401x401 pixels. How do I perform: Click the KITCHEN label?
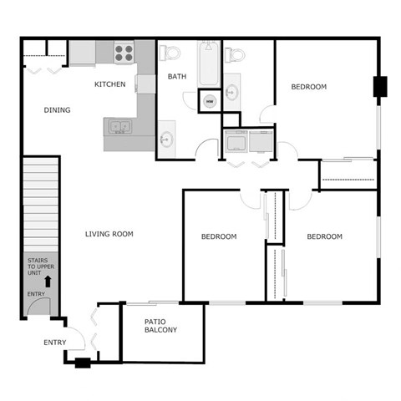point(109,84)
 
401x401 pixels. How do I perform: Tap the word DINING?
point(57,110)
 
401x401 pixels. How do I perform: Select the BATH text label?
point(177,77)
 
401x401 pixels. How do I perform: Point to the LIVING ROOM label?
point(109,234)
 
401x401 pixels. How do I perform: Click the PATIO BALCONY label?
point(160,325)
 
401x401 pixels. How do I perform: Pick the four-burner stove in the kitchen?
point(124,53)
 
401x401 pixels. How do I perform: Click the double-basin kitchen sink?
point(119,128)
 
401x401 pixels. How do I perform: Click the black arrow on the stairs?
point(47,282)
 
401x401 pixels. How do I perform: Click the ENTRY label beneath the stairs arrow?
point(36,294)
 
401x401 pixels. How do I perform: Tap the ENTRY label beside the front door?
point(54,343)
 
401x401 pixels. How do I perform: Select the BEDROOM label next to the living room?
point(219,236)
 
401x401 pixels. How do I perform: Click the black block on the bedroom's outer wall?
point(379,86)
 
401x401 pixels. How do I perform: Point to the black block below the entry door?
point(82,363)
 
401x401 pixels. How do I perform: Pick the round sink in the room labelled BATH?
point(166,138)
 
